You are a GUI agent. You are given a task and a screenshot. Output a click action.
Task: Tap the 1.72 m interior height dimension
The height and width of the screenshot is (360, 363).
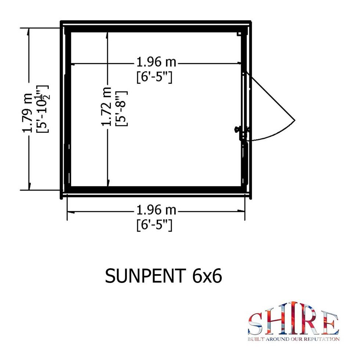click(x=106, y=107)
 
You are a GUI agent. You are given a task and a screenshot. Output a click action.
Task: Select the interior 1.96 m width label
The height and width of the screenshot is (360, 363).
click(x=156, y=62)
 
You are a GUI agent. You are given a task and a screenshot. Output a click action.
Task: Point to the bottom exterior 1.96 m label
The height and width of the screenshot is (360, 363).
click(x=156, y=210)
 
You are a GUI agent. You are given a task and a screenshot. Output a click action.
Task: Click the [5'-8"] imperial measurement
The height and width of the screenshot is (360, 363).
click(x=121, y=108)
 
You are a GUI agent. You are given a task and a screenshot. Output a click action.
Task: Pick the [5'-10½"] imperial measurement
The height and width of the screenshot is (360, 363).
click(x=42, y=109)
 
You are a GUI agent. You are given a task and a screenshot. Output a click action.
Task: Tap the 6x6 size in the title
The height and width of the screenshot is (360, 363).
click(x=207, y=276)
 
